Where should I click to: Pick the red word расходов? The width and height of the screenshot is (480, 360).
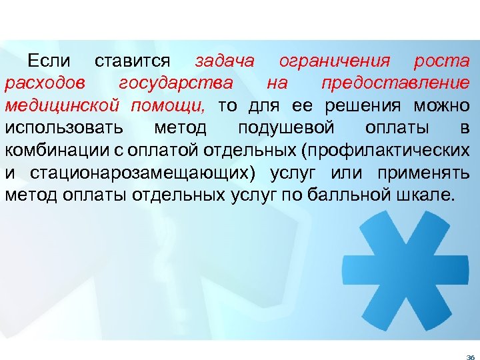tap(44, 84)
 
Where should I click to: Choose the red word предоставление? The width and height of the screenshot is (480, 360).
tap(395, 84)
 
